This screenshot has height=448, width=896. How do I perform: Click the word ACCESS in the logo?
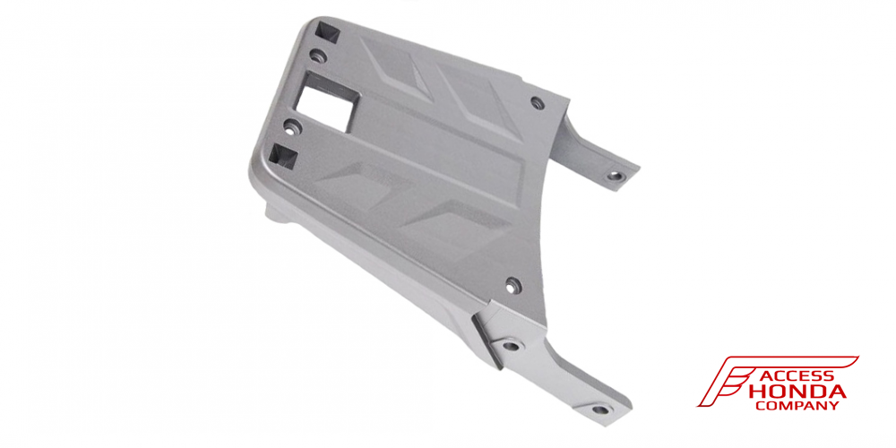tap(797, 376)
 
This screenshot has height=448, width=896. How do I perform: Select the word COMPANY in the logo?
tap(797, 406)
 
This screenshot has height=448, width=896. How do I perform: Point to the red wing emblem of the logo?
tap(737, 380)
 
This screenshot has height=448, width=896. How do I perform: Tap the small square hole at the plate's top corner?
tap(329, 31)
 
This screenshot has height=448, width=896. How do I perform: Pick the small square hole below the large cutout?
tap(283, 155)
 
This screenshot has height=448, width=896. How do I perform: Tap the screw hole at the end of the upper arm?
tap(615, 176)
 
